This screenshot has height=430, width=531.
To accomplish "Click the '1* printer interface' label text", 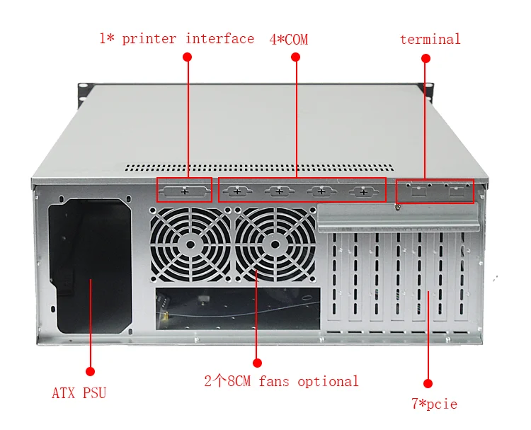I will point(176,38).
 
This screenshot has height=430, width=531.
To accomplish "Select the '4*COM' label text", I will point(288,40).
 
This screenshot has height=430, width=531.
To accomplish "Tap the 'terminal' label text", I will point(430,39).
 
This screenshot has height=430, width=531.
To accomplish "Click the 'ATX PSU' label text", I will point(79,392).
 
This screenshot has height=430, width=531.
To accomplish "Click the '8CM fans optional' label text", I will point(281,381).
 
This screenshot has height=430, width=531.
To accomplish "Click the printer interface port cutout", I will point(185,191).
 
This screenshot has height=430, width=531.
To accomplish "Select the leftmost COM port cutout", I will point(237,191).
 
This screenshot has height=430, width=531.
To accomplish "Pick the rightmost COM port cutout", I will point(363,191).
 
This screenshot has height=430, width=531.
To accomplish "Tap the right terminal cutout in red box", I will point(457,191).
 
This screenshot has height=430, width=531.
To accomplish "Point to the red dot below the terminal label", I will point(426,57).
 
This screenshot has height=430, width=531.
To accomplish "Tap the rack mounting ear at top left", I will point(84,89).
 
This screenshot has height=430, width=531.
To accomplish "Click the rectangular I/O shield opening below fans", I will point(237,308).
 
